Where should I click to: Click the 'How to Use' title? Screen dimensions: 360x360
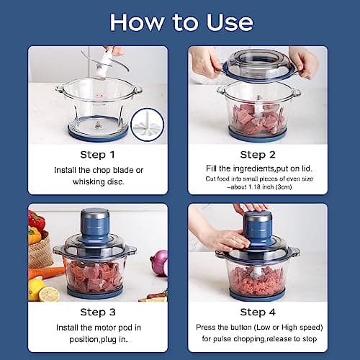(x=180, y=22)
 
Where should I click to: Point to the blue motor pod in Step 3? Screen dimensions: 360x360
(x=94, y=225)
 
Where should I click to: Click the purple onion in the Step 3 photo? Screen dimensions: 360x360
(x=159, y=263)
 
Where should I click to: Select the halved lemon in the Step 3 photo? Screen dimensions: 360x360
(x=50, y=294)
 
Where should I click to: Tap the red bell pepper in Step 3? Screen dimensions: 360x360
(x=36, y=220)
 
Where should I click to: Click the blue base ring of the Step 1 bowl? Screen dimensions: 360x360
(x=98, y=134)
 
